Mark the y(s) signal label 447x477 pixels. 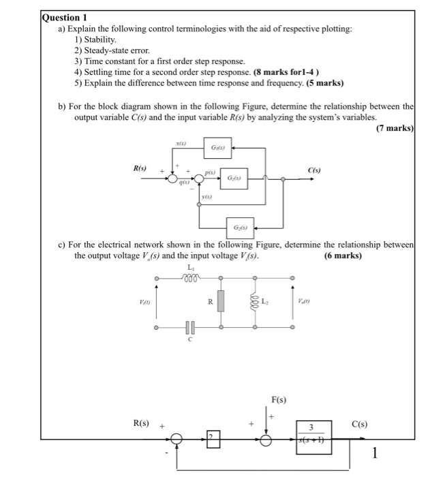(x=206, y=197)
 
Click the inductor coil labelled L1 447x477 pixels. (x=190, y=277)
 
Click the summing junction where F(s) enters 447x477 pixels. (x=266, y=441)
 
